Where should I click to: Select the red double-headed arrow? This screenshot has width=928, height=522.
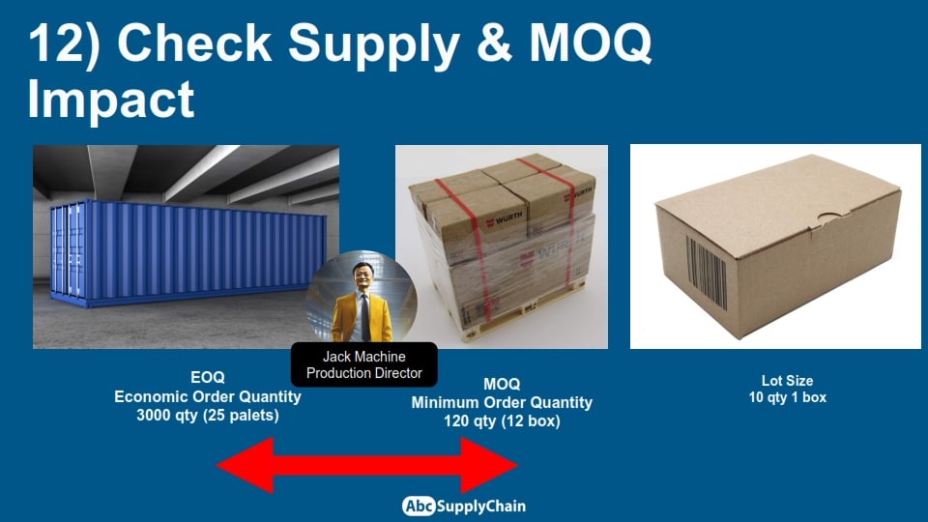tap(367, 465)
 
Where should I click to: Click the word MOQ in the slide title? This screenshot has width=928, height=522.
tap(590, 43)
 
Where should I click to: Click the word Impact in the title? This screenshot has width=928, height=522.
tap(110, 99)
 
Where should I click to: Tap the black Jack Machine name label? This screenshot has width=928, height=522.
tap(364, 364)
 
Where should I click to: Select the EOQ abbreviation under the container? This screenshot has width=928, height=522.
tap(207, 377)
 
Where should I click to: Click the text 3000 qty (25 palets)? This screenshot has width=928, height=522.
tap(207, 415)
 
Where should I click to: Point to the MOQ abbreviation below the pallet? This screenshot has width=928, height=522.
tap(502, 384)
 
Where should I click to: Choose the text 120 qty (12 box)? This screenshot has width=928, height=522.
tap(502, 420)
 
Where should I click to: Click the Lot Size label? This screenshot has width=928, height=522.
tap(787, 381)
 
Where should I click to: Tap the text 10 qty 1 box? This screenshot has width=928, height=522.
tap(787, 397)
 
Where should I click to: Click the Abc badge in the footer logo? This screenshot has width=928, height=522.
tap(419, 506)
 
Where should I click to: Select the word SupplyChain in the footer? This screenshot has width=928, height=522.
tap(481, 507)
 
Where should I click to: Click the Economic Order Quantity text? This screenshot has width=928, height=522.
tap(207, 396)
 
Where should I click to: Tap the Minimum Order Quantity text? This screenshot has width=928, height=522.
tap(502, 402)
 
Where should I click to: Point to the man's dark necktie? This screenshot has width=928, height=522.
tap(365, 317)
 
